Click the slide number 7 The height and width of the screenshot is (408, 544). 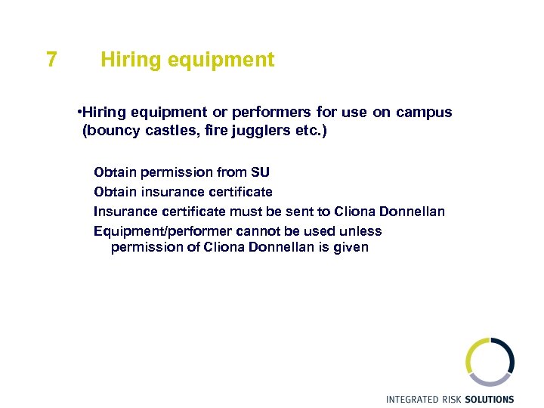51,60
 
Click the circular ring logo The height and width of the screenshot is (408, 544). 490,361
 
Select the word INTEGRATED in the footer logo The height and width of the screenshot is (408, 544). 416,399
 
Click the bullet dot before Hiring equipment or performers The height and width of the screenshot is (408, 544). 79,113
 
